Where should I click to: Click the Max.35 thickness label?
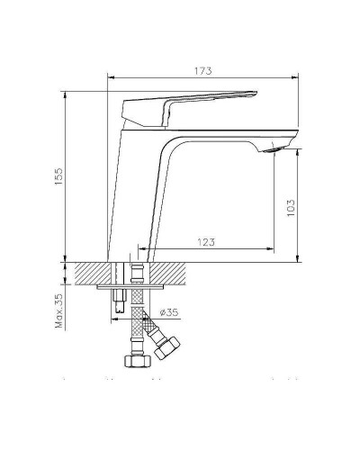(58, 309)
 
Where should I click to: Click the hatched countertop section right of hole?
(168, 273)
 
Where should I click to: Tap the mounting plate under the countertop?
(128, 287)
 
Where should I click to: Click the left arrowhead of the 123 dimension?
(140, 247)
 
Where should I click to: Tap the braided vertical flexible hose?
(136, 324)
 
